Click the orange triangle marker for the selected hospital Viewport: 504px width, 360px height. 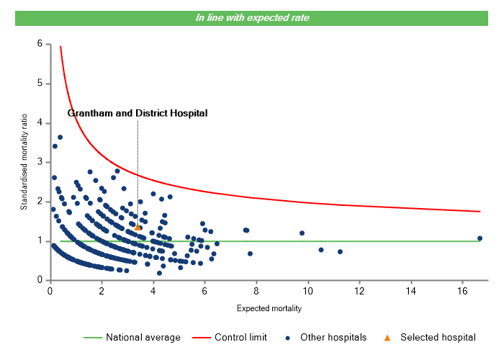[138, 227]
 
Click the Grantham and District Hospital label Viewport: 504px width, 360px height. [138, 113]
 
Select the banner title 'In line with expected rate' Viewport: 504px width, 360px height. [252, 17]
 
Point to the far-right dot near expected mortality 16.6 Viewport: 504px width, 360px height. [480, 238]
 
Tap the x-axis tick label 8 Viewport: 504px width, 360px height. [256, 291]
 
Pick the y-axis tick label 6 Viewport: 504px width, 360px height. [39, 44]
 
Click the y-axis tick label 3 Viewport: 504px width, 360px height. [39, 162]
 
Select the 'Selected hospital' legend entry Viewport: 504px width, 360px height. [431, 337]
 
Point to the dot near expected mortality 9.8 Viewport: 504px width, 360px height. [302, 233]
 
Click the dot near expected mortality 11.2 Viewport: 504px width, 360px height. [340, 251]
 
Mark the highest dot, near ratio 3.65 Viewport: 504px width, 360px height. [60, 137]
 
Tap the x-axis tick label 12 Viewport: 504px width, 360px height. [359, 291]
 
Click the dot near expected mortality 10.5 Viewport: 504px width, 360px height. [321, 250]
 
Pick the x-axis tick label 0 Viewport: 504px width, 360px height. [50, 291]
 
